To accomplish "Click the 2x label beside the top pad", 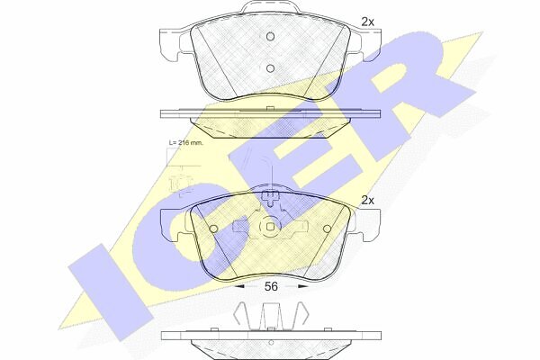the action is [367, 22].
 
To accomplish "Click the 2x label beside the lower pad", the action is [367, 200].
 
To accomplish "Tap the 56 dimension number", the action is [271, 286].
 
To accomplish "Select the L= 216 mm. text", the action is [186, 142].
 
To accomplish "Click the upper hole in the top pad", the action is [271, 36].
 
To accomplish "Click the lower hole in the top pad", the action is [271, 68].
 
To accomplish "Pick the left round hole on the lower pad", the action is [214, 229].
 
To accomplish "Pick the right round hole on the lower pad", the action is [328, 229].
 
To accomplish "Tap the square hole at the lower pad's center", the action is [271, 226].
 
